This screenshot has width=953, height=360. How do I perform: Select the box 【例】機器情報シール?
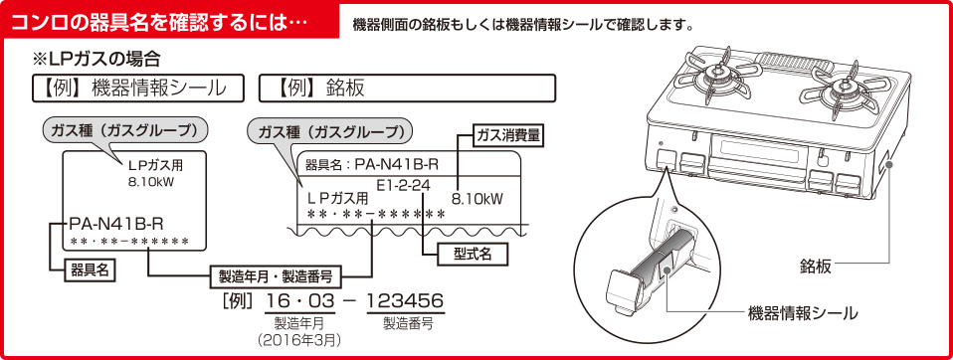click(x=138, y=88)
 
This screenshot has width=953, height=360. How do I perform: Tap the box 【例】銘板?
click(x=406, y=88)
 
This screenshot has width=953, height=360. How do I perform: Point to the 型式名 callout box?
click(x=473, y=253)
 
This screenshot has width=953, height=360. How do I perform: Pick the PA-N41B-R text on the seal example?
click(x=116, y=222)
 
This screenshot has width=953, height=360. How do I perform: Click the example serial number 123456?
click(x=405, y=301)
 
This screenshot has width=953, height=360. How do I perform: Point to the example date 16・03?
click(x=299, y=301)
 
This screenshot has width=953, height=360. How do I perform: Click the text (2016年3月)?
click(x=299, y=339)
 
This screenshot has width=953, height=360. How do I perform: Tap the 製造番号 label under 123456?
click(x=407, y=323)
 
